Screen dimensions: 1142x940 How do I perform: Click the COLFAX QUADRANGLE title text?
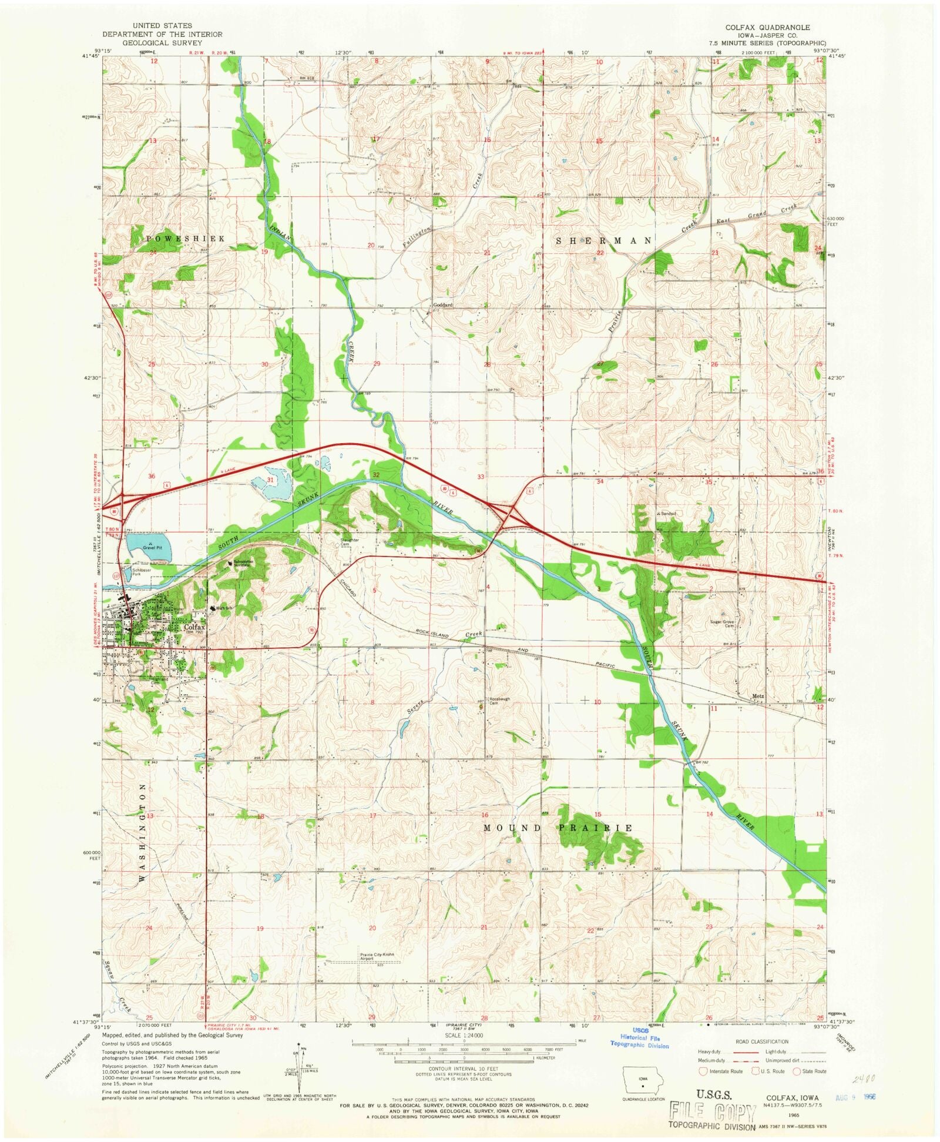767,28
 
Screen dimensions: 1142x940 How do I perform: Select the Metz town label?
758,696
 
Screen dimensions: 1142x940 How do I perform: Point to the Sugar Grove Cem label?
723,624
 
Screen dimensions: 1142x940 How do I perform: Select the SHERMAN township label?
603,241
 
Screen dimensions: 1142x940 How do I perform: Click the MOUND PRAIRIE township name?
558,828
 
